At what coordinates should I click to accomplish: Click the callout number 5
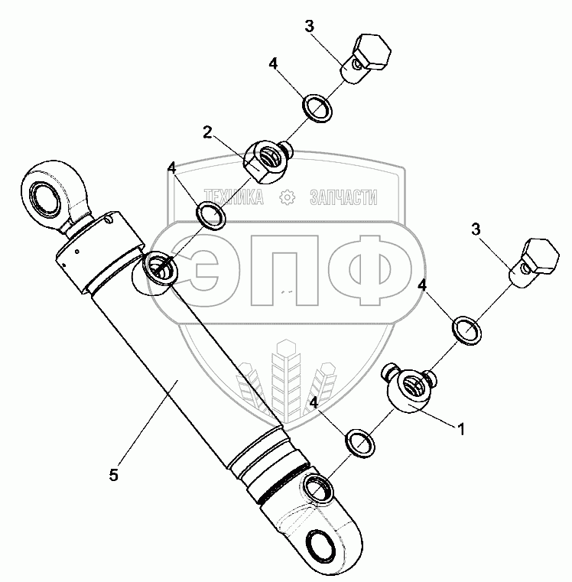tap(113, 475)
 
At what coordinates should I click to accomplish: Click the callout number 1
tap(460, 429)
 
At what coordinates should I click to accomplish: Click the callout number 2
tap(207, 132)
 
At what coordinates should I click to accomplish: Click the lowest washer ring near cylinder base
tap(359, 442)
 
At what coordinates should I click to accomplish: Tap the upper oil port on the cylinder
tap(159, 268)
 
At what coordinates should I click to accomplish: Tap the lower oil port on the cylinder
tap(318, 487)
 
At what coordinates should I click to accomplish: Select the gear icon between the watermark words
tap(288, 198)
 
